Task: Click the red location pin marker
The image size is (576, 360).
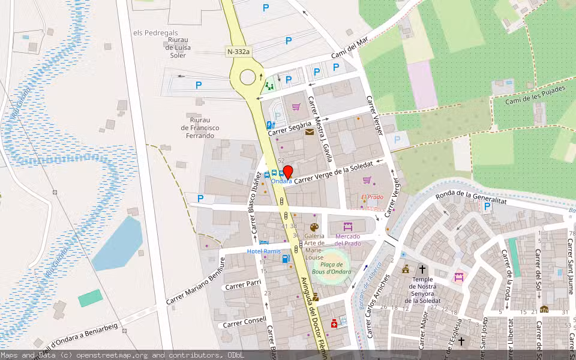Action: point(287,172)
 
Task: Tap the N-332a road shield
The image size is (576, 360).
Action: point(238,52)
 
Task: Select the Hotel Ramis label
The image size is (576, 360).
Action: point(263,251)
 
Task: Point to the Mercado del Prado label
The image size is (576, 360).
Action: point(347,239)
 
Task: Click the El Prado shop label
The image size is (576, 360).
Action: point(372,197)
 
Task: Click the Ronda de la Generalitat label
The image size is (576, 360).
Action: point(472,197)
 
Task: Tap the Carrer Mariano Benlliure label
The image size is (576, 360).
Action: point(195,283)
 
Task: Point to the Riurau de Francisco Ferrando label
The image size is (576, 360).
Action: point(200,128)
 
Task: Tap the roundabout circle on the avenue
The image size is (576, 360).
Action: point(247,77)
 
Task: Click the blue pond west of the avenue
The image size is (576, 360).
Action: point(118,243)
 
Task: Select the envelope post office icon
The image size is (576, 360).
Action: point(309,132)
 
